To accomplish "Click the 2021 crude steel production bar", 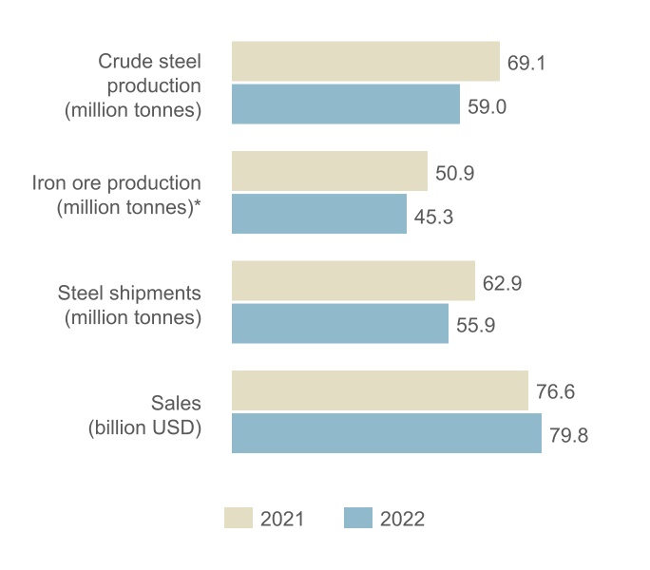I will (x=366, y=61).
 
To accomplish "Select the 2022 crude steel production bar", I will (x=346, y=104).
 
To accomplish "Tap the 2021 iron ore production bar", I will (x=330, y=171).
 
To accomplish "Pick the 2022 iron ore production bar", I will (x=319, y=215).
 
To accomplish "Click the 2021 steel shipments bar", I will (x=354, y=281).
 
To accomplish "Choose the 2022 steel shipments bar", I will (x=340, y=324).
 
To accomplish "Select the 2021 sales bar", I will (x=380, y=390).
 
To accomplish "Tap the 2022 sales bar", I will (x=387, y=433).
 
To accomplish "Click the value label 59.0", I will (x=487, y=106).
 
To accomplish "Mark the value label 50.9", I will (x=455, y=174).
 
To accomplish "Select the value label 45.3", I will (x=434, y=217).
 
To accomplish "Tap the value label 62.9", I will (x=503, y=283).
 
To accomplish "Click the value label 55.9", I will (x=476, y=326).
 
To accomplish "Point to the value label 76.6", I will (x=556, y=392).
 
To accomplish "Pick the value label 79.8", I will (x=569, y=436).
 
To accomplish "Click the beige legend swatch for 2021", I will (x=239, y=518).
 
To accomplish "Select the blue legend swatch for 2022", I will (x=357, y=518).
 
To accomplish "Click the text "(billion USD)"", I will (x=145, y=427).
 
